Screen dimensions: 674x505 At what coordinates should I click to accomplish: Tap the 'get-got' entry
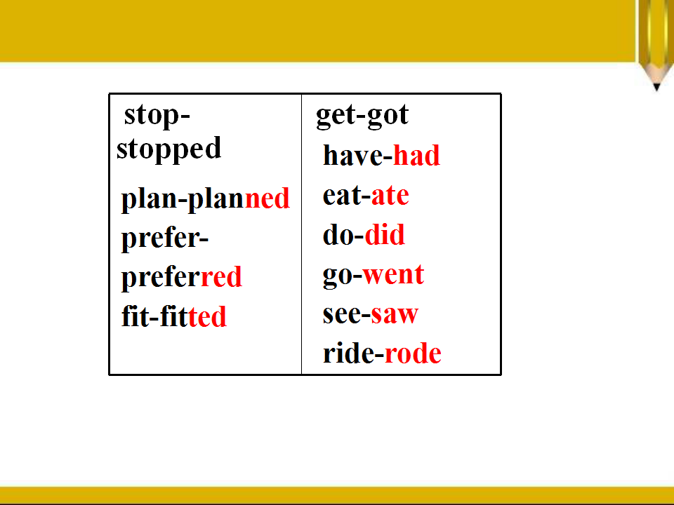[362, 116]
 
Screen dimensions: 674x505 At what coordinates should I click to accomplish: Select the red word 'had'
[416, 155]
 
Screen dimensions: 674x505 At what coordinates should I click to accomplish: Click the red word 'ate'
[390, 196]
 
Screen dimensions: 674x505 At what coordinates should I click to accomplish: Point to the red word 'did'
[385, 234]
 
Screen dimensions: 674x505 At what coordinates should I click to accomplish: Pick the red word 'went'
[393, 274]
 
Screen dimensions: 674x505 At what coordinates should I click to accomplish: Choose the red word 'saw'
[395, 315]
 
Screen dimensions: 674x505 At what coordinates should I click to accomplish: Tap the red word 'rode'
[413, 353]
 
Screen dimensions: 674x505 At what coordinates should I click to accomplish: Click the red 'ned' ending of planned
[267, 198]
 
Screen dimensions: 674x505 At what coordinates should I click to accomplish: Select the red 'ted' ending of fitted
[207, 316]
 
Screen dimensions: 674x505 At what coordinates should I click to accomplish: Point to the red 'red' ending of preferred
[221, 277]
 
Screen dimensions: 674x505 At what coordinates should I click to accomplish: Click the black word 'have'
[352, 155]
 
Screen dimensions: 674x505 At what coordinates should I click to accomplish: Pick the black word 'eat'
[342, 196]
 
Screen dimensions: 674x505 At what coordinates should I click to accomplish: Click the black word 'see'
[342, 315]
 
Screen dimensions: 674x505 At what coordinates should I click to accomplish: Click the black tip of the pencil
[656, 87]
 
